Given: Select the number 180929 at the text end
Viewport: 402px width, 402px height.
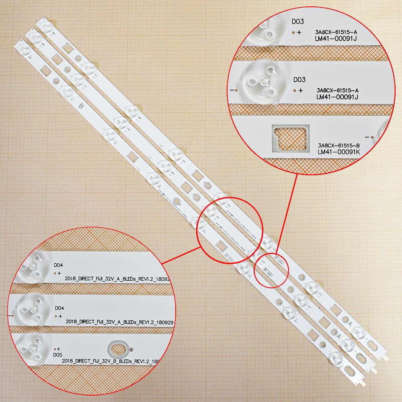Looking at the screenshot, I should [154, 322].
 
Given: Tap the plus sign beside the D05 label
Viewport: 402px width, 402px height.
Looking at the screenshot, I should [59, 349].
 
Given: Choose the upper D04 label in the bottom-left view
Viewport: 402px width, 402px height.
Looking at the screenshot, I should [58, 265].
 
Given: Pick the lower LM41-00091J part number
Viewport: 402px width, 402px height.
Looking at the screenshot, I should [337, 97].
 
